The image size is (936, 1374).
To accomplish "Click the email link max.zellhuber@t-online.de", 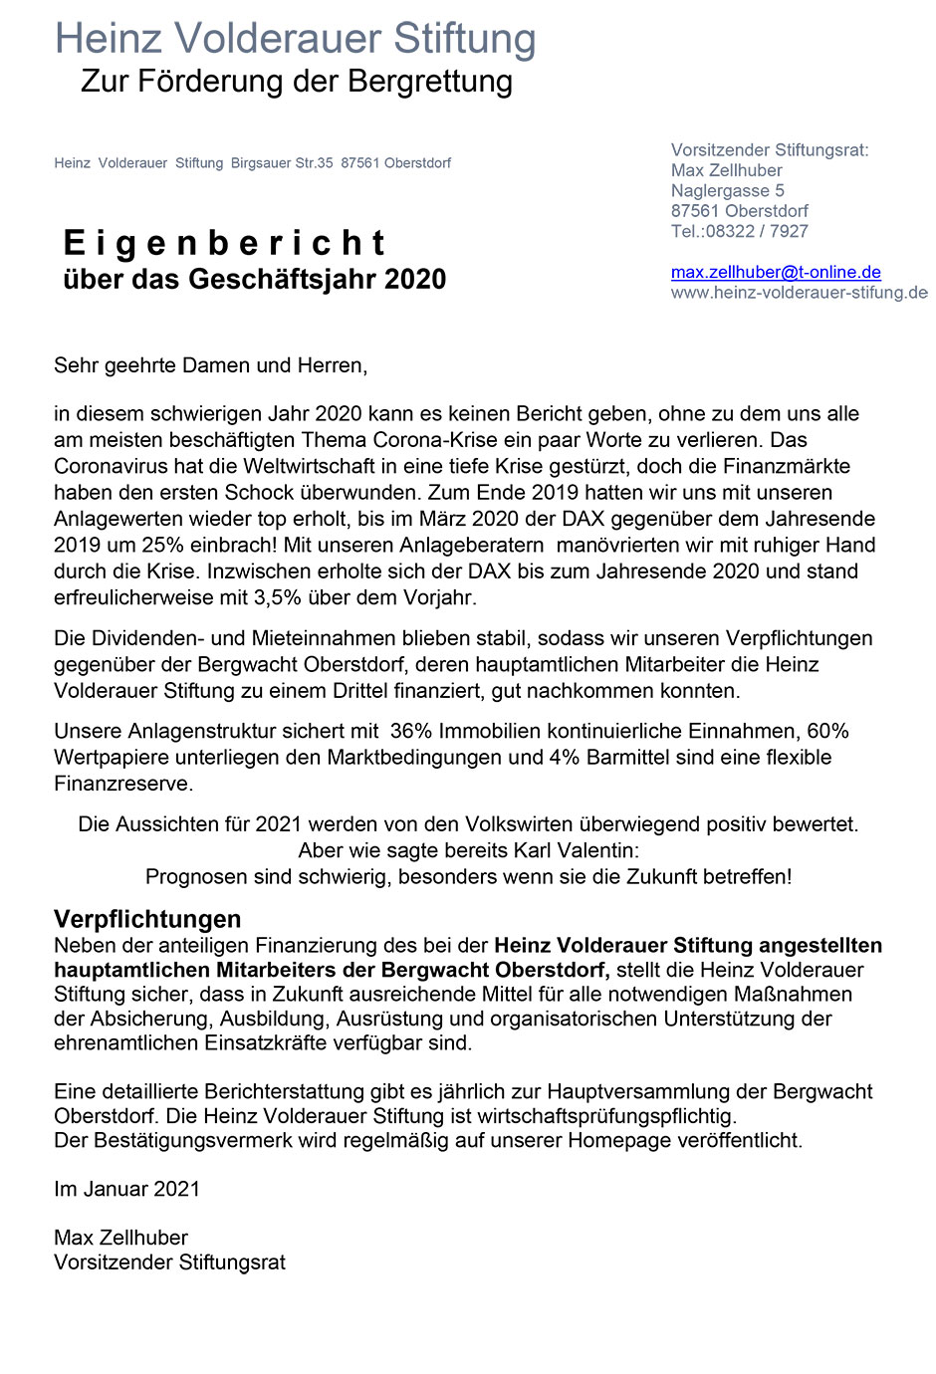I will point(776,272).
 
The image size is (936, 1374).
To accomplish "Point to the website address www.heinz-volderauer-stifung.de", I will point(800,293).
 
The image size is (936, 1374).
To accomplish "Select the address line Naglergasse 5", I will point(727,190).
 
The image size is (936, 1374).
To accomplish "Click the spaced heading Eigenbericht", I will point(224,243).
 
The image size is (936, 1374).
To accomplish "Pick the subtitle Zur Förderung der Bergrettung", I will point(297,81).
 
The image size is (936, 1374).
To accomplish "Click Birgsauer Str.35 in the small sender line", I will point(282,163).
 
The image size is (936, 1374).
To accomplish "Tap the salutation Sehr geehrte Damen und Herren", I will point(210,365).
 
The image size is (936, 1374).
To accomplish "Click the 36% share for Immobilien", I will point(410,731).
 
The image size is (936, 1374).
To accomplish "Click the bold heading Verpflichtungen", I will point(147,919).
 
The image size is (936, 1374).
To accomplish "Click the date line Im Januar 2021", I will point(126,1189).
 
